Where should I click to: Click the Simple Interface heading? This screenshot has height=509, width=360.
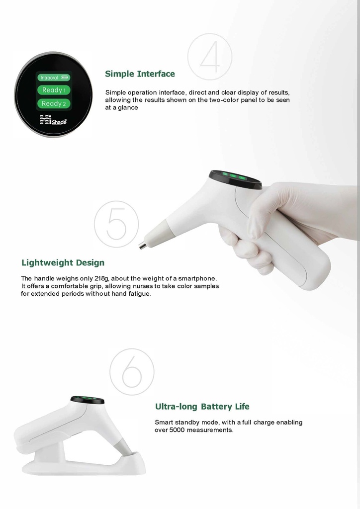tap(140, 74)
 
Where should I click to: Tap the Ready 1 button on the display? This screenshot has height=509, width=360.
tap(54, 90)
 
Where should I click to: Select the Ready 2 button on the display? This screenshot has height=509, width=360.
tap(54, 103)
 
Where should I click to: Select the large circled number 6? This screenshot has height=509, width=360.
tap(132, 372)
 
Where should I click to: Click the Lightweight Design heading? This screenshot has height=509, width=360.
tap(63, 262)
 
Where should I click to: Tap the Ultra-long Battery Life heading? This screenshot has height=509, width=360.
tap(202, 407)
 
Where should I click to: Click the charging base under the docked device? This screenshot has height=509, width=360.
tap(85, 465)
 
